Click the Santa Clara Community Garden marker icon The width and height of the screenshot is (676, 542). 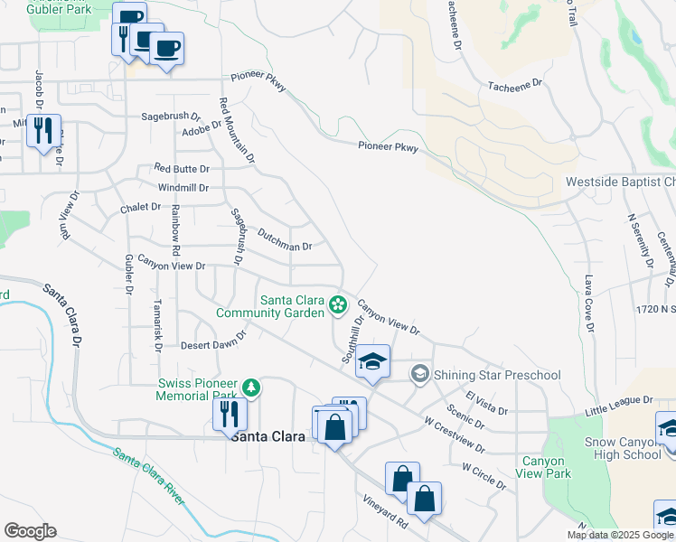coord(338,304)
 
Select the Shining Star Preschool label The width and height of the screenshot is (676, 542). coord(497,375)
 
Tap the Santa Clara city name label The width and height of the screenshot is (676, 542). coord(268,435)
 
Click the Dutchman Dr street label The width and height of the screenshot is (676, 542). coord(285,245)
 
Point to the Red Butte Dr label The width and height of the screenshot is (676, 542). coord(182,169)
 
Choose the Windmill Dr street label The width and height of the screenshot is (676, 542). coord(183,188)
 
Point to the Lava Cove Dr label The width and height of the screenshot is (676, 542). coord(588,304)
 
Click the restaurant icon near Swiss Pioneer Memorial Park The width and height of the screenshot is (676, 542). coord(230,415)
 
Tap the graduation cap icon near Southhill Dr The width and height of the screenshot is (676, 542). coord(372,361)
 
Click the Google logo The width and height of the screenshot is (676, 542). coord(30,531)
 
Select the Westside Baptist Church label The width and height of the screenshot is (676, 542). coord(620,182)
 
